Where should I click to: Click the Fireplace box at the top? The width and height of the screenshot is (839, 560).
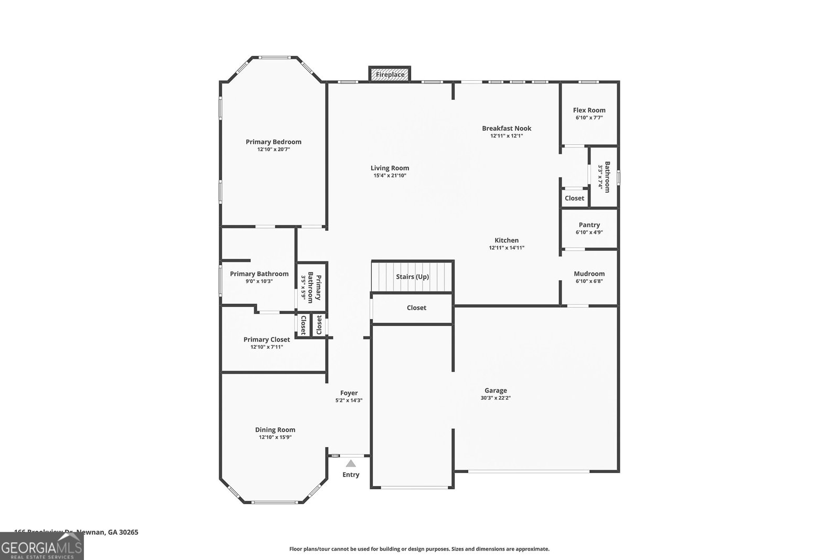click(x=390, y=75)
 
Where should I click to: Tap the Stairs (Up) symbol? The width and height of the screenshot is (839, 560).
click(x=412, y=277)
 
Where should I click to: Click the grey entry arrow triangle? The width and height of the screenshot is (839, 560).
click(x=351, y=463)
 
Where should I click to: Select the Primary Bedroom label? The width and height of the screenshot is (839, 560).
click(x=273, y=142)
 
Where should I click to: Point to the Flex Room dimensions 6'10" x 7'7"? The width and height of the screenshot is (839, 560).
click(x=589, y=118)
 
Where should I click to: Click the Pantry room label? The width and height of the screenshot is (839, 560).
click(x=589, y=225)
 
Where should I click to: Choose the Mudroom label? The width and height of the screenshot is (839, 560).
click(x=589, y=273)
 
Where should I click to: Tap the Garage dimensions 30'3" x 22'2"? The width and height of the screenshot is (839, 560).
click(x=496, y=398)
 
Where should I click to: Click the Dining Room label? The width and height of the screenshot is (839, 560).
click(x=275, y=430)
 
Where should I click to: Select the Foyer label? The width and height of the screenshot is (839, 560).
click(x=349, y=393)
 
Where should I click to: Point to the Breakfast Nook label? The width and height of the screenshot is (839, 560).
click(x=507, y=128)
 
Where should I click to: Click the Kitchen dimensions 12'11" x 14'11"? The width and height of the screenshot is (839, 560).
click(x=507, y=248)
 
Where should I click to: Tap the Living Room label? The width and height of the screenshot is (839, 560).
click(x=390, y=168)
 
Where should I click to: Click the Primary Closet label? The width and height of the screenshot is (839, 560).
click(x=266, y=340)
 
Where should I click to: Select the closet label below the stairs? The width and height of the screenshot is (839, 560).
click(x=416, y=308)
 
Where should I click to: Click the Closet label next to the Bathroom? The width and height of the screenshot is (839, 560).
click(x=574, y=198)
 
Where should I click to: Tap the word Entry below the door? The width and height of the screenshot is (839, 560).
click(x=351, y=474)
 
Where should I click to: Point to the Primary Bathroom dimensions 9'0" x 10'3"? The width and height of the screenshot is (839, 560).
click(x=259, y=281)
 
